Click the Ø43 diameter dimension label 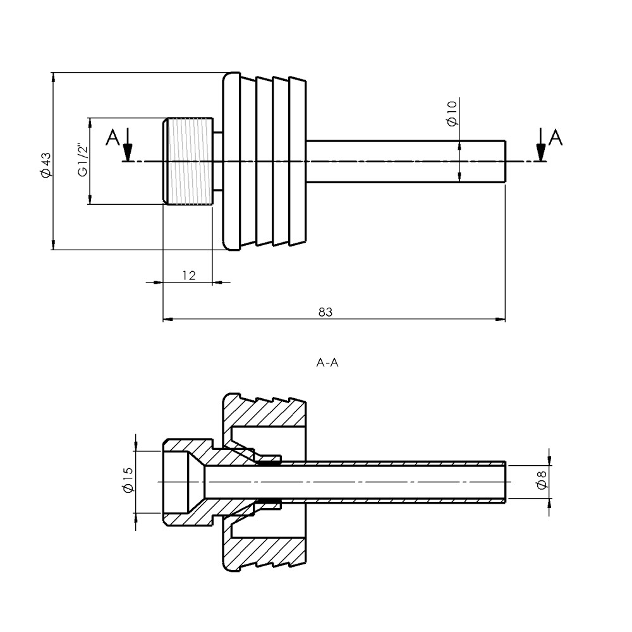(x=46, y=165)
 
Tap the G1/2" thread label (x=83, y=160)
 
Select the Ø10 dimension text (x=453, y=113)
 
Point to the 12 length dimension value (x=189, y=276)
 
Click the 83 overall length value (x=325, y=312)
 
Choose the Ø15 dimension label (x=128, y=480)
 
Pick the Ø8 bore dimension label (x=542, y=480)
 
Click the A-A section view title (x=327, y=363)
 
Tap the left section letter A (x=113, y=138)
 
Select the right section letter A (x=556, y=138)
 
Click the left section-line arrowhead (x=128, y=153)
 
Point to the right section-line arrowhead (x=541, y=153)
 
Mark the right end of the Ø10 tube (x=505, y=161)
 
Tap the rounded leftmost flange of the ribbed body (x=231, y=161)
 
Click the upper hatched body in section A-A (x=264, y=412)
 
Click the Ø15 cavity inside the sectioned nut (x=176, y=482)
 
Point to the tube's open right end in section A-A (x=506, y=482)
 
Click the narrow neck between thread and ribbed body (x=217, y=161)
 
